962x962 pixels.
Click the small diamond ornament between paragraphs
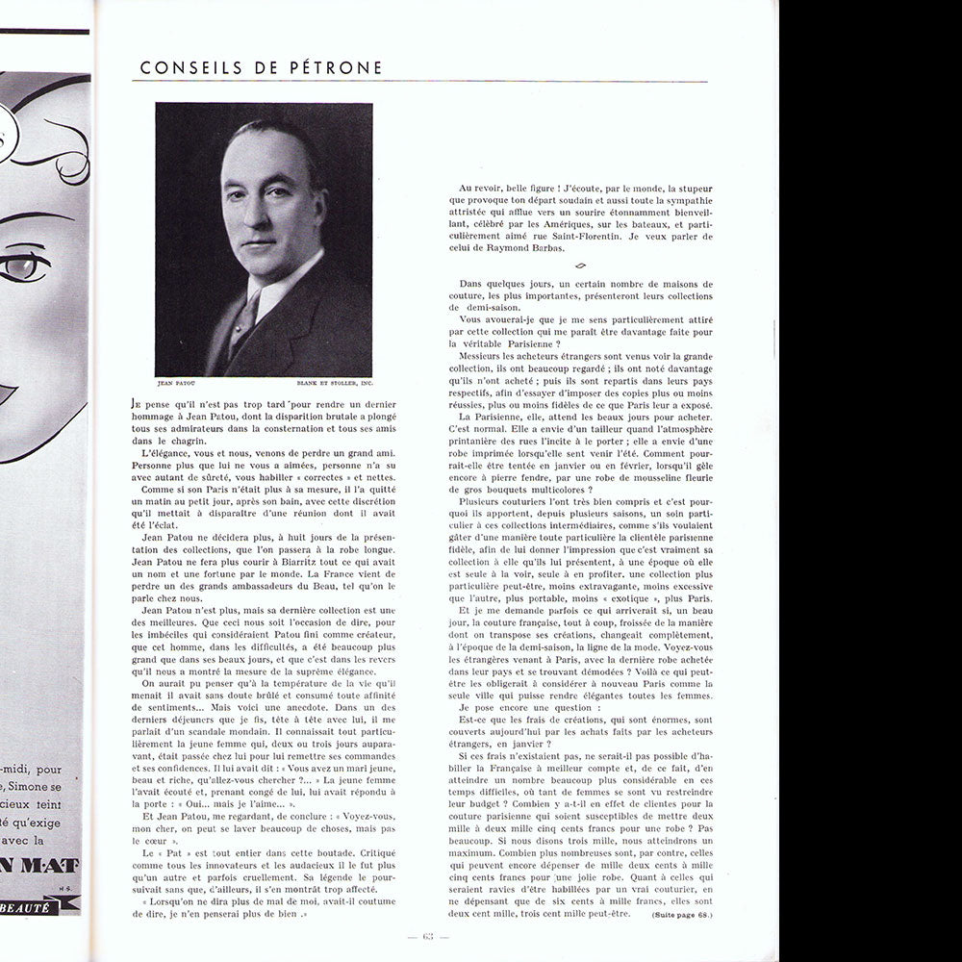579,266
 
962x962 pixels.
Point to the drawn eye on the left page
22,266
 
